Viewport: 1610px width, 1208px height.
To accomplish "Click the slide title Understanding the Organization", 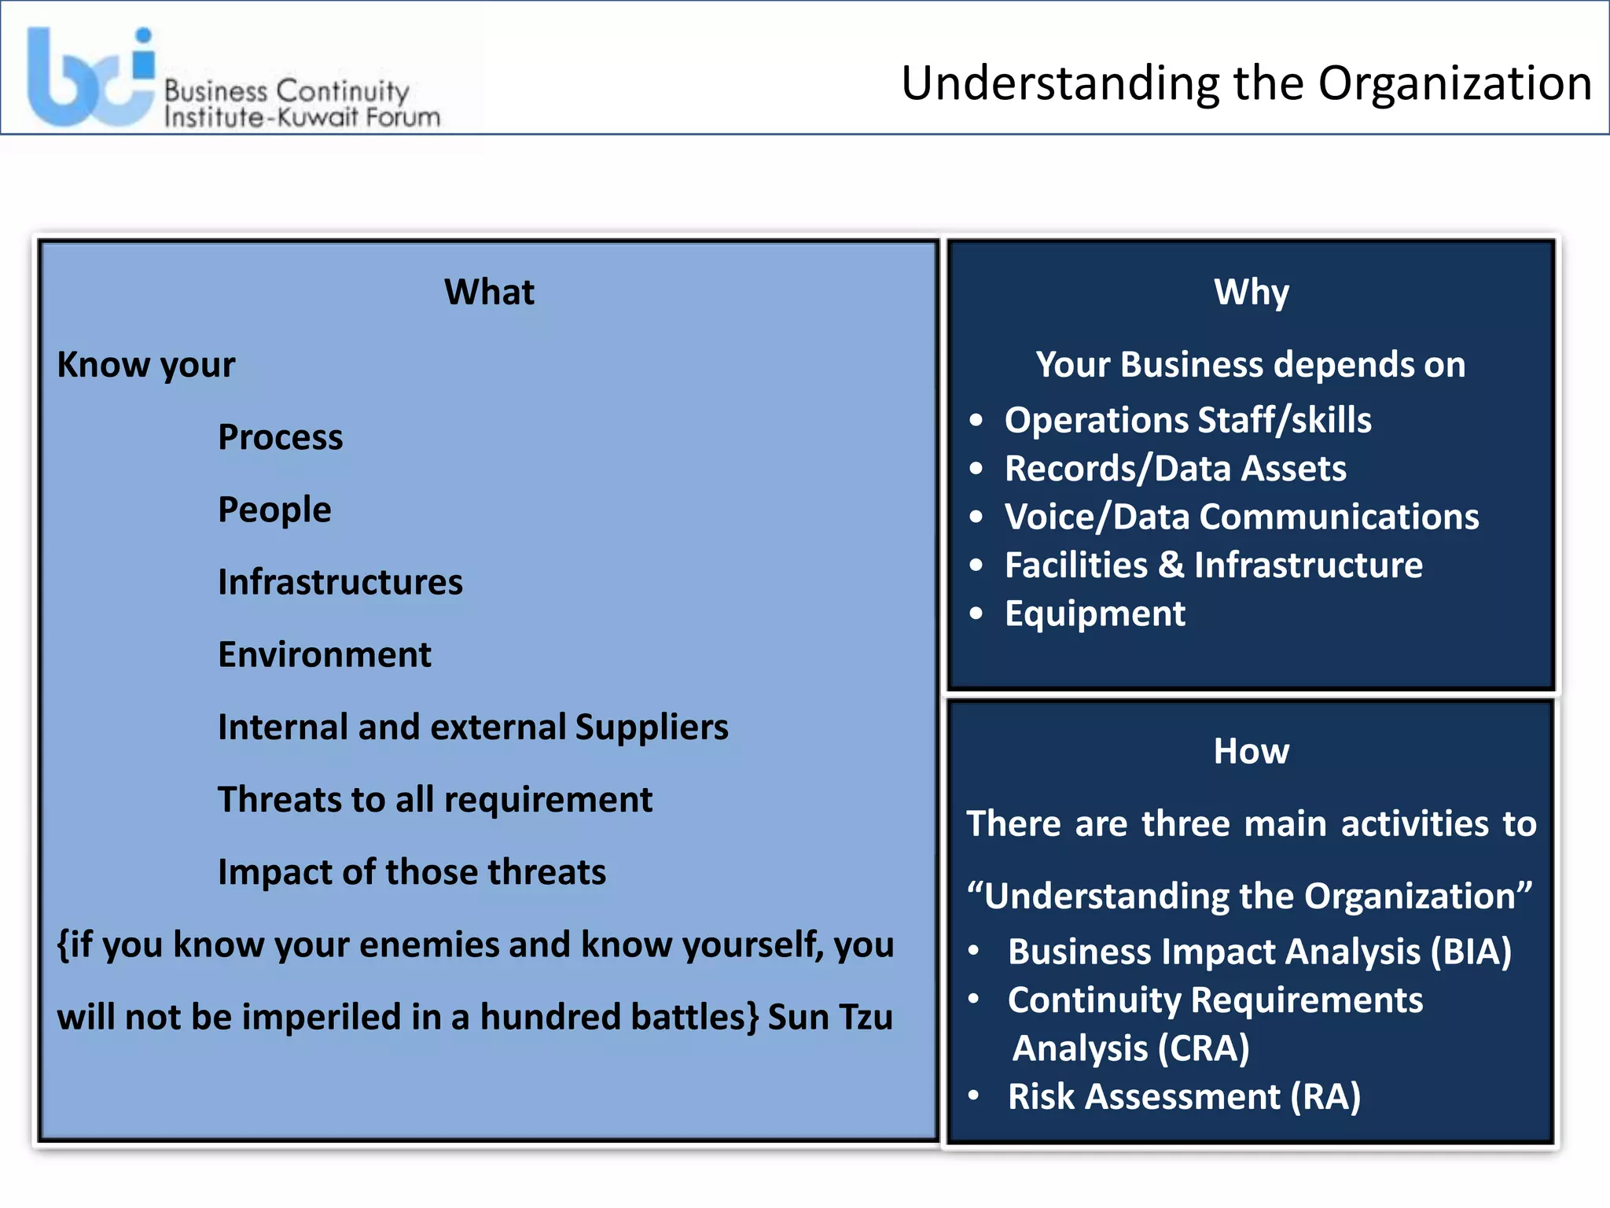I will pyautogui.click(x=1246, y=83).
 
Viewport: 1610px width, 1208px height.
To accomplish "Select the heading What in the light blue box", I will pyautogui.click(x=489, y=292).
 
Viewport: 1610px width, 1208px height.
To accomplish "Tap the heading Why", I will pyautogui.click(x=1252, y=292).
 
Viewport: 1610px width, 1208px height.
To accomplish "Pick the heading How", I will pyautogui.click(x=1252, y=751).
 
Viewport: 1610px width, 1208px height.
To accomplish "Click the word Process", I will pyautogui.click(x=281, y=437).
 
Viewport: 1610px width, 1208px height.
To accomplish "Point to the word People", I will pyautogui.click(x=274, y=510).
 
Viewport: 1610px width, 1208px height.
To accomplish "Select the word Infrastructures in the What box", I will pyautogui.click(x=340, y=582).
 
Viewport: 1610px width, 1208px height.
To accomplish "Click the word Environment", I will pyautogui.click(x=325, y=654).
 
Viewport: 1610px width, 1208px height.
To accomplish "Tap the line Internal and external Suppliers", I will pyautogui.click(x=473, y=727).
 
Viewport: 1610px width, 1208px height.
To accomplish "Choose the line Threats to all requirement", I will pyautogui.click(x=435, y=799).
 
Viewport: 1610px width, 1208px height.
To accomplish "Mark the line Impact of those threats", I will pyautogui.click(x=412, y=872).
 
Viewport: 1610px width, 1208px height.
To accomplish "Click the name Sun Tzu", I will pyautogui.click(x=830, y=1017).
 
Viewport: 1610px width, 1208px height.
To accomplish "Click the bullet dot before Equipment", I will pyautogui.click(x=976, y=613).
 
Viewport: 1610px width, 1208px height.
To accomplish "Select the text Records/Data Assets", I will pyautogui.click(x=1175, y=469).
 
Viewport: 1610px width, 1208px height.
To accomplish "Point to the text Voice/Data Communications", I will pyautogui.click(x=1241, y=517).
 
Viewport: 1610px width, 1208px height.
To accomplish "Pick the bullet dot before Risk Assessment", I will pyautogui.click(x=974, y=1096).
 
